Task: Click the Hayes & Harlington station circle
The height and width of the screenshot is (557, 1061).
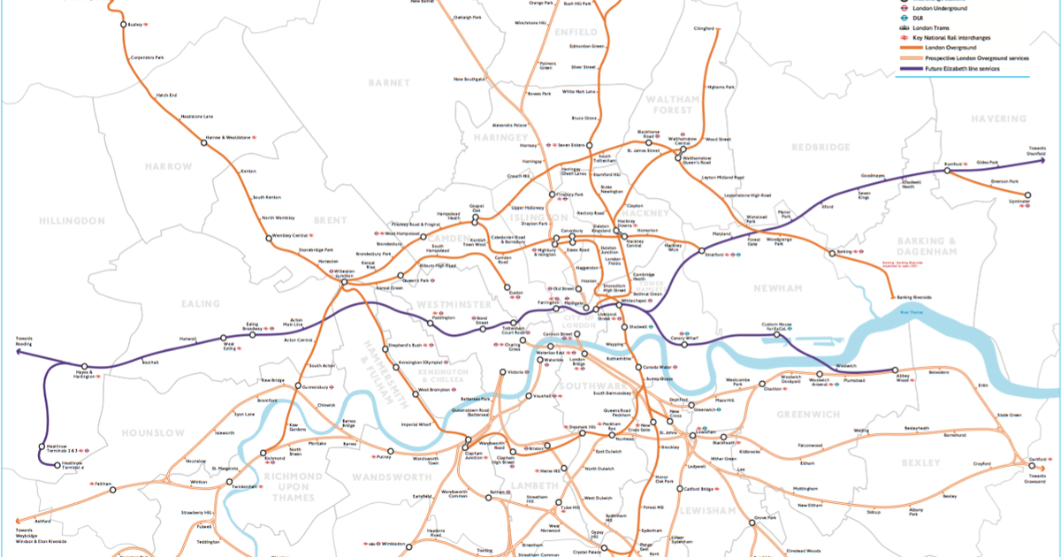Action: pyautogui.click(x=85, y=367)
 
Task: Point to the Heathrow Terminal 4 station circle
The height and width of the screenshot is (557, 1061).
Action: pyautogui.click(x=58, y=464)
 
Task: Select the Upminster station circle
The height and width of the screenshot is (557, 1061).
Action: pyautogui.click(x=1027, y=195)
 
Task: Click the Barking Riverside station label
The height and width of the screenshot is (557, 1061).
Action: pyautogui.click(x=914, y=298)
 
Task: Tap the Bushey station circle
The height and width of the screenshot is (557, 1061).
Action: pyautogui.click(x=124, y=24)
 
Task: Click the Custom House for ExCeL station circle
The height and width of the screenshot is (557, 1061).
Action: pyautogui.click(x=778, y=335)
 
